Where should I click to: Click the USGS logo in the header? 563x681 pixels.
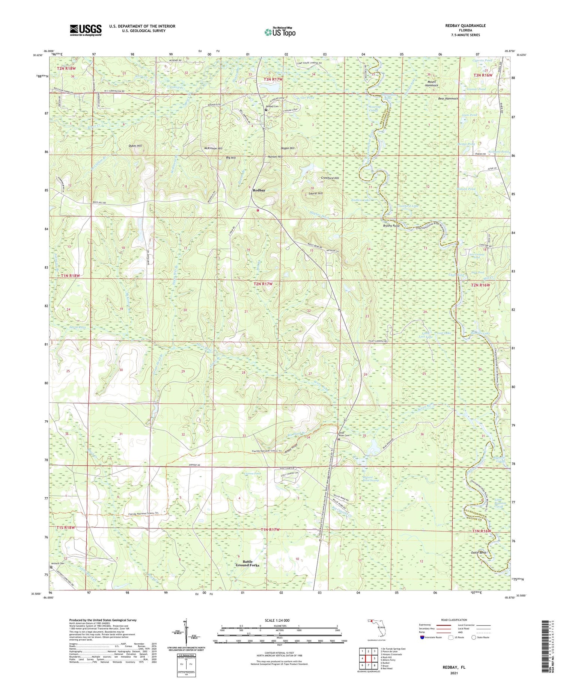click(x=86, y=30)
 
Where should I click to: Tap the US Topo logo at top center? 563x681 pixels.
click(x=280, y=32)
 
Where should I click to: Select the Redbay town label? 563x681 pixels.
click(x=259, y=190)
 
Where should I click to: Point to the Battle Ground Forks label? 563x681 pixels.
click(x=247, y=563)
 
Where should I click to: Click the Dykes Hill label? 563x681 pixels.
click(x=135, y=145)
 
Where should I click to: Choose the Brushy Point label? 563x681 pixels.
click(x=391, y=226)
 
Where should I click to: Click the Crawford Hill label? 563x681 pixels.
click(x=330, y=178)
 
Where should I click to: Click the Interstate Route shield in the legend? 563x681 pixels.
click(x=422, y=637)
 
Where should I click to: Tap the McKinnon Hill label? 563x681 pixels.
click(x=213, y=148)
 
